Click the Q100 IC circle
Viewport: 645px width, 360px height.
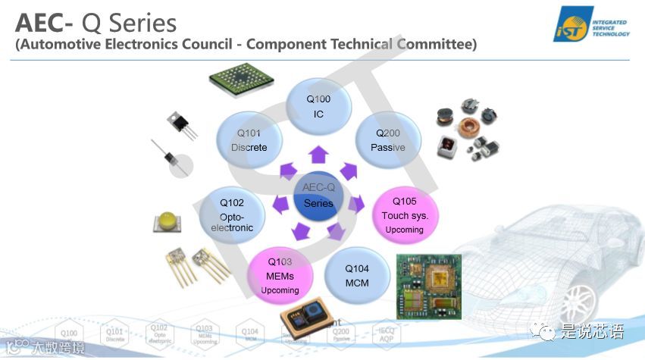point(318,107)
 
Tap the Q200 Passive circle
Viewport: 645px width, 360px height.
point(387,140)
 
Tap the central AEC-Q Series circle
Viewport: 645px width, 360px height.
point(318,196)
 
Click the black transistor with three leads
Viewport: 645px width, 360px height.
point(180,123)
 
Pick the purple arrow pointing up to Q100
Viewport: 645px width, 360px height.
point(318,156)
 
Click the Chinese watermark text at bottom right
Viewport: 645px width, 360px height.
point(592,331)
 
